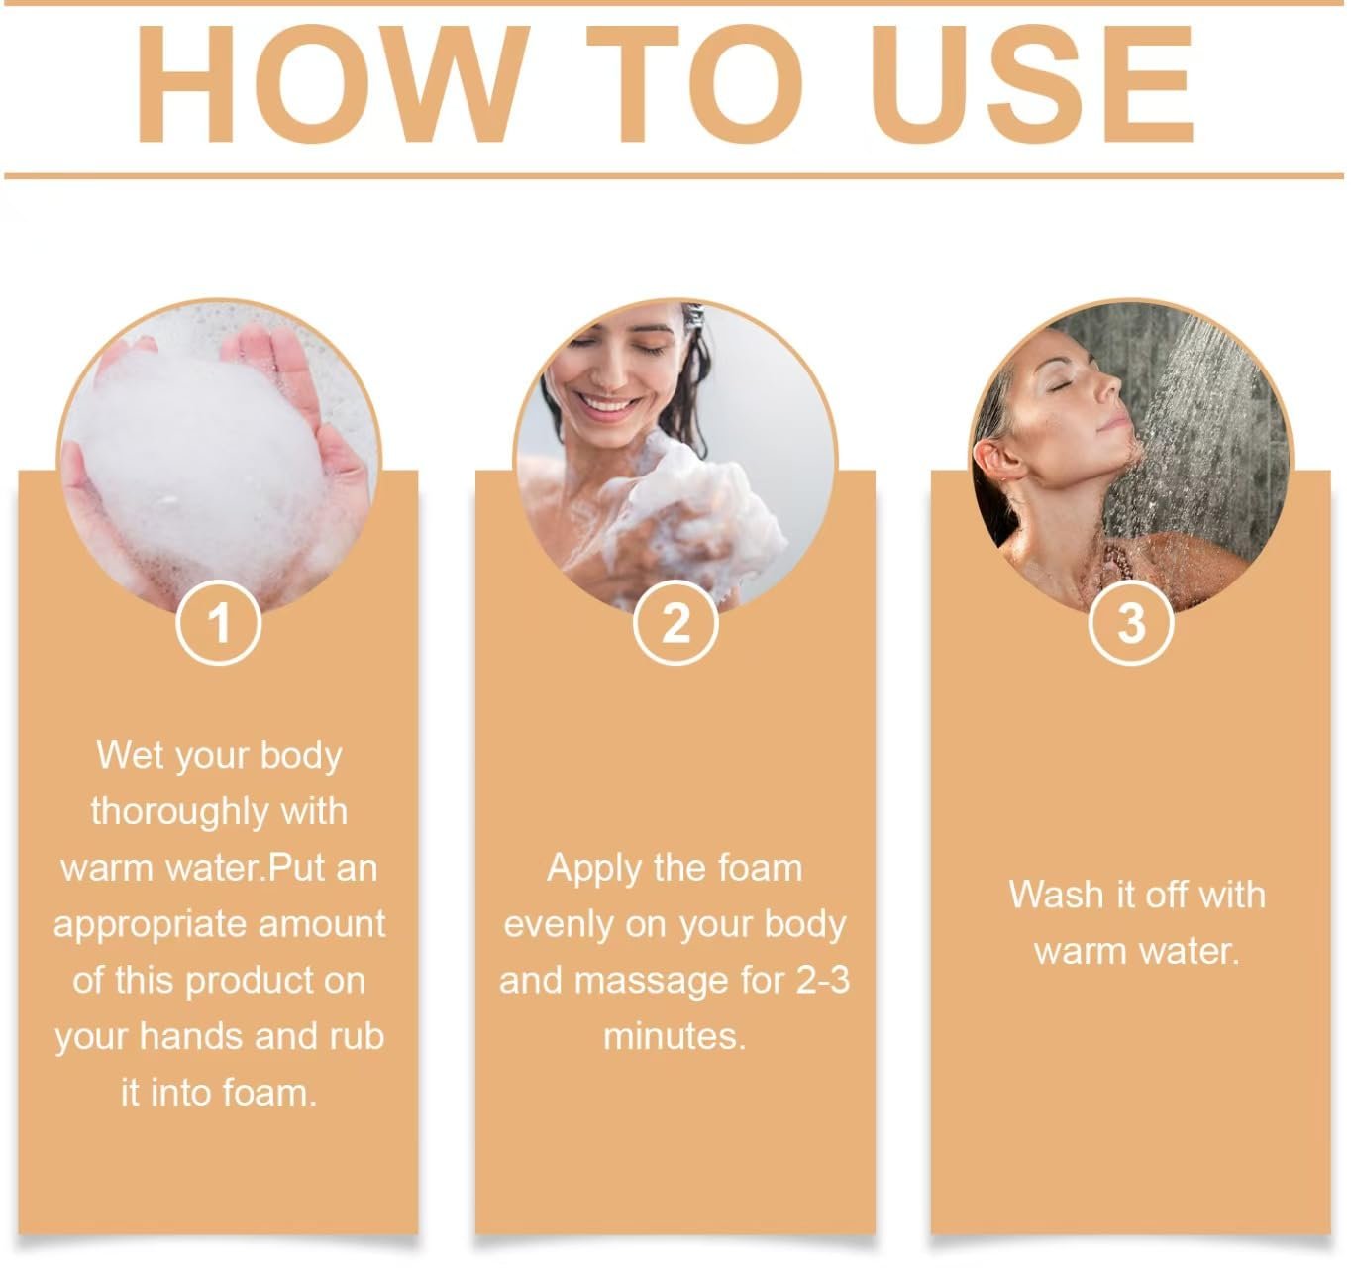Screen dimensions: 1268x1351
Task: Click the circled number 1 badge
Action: (x=219, y=624)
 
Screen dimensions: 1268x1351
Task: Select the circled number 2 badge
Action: (x=675, y=624)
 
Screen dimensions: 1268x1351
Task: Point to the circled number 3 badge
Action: (x=1131, y=624)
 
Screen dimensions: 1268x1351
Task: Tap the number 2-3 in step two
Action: (x=822, y=981)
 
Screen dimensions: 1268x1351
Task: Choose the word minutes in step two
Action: (x=674, y=1037)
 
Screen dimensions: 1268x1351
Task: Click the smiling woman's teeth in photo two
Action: (x=606, y=404)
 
